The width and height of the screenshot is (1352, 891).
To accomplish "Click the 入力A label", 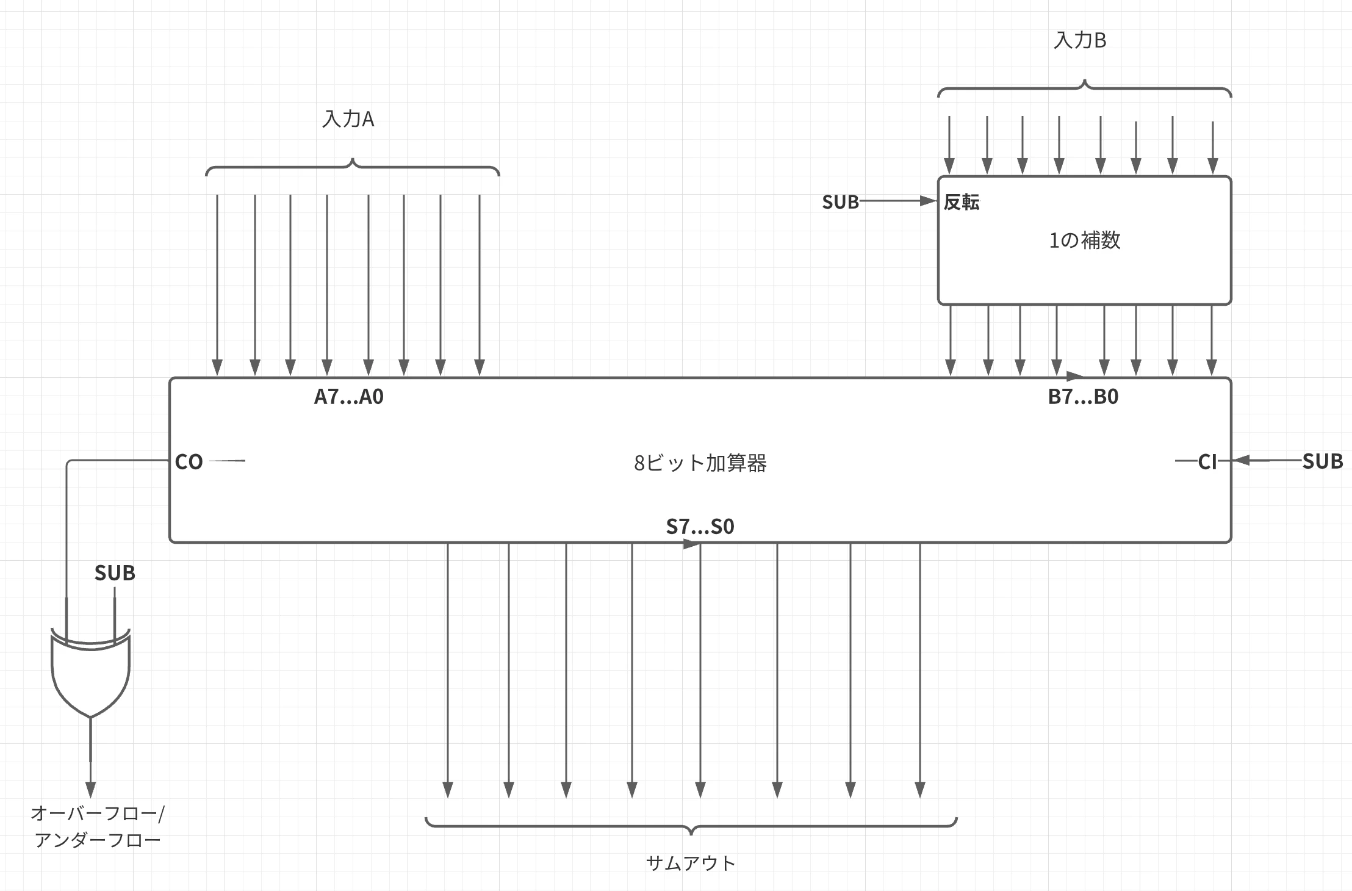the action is [348, 118].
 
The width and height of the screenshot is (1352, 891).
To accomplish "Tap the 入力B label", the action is [1080, 40].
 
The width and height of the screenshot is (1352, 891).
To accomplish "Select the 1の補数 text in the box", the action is [1085, 240].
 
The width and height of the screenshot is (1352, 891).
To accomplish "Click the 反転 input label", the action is [962, 202].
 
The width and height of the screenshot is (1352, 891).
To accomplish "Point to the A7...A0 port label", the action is [349, 397].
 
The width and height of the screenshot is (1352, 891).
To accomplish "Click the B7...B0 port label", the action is [1084, 397].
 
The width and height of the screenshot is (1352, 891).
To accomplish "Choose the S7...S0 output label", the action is [700, 526].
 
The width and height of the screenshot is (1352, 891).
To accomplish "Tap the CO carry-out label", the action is [189, 462].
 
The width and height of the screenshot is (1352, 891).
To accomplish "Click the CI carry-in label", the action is [1207, 462].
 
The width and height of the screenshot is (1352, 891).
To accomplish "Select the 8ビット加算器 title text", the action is [700, 463].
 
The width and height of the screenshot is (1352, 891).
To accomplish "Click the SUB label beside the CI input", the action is [1323, 461].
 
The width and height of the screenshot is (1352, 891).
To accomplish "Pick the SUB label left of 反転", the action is [840, 202].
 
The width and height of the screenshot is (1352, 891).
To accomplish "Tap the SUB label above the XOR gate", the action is [115, 573].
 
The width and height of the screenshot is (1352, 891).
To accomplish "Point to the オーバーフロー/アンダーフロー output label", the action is [98, 827].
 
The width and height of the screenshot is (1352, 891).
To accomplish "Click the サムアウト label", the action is [691, 863].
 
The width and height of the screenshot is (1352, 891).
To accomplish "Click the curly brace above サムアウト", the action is [691, 826].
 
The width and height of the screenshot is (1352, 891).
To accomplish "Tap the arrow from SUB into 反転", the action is [898, 201].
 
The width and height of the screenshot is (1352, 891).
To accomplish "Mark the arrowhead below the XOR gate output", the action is [91, 790].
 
